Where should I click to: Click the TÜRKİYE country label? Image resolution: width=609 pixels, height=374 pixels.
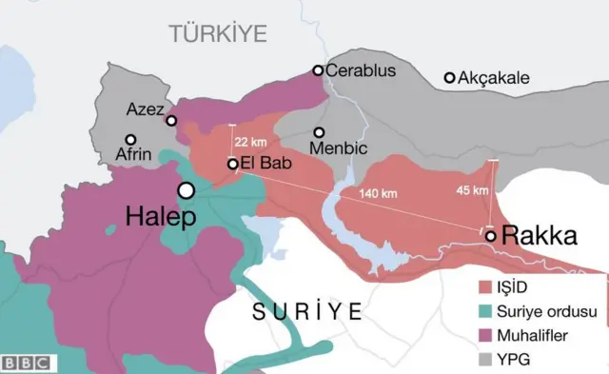(218, 34)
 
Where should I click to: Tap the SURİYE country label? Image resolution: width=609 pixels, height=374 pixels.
(307, 311)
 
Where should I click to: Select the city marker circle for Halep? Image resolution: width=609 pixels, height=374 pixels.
(187, 190)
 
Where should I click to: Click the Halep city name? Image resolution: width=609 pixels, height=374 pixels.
(160, 217)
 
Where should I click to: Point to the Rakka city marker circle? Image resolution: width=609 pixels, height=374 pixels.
(490, 235)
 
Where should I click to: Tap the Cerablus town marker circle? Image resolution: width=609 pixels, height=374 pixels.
(319, 70)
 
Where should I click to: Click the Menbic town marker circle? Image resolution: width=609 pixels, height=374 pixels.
(320, 132)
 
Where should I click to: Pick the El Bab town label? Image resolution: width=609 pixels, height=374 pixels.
(266, 163)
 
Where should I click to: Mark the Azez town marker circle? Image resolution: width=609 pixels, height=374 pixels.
(171, 120)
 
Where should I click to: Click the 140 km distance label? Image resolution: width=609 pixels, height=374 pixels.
(378, 193)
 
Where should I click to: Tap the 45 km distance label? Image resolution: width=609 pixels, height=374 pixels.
(473, 189)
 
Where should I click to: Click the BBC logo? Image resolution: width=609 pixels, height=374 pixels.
(28, 363)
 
